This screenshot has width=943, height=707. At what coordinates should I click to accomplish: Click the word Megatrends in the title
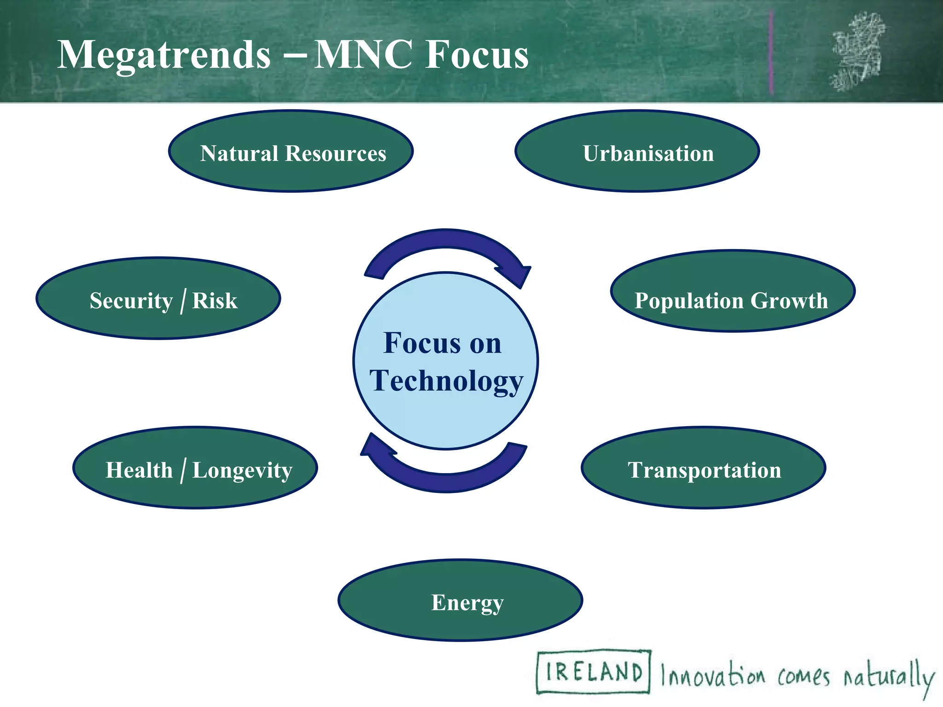click(164, 55)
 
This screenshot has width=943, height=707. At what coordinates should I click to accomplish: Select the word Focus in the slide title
click(477, 55)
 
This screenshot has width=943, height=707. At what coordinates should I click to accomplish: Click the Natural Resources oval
click(291, 151)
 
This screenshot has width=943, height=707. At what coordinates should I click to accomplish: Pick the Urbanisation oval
click(637, 151)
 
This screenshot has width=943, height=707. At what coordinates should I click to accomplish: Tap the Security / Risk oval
click(158, 298)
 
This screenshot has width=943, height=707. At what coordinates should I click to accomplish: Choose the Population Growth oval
click(732, 291)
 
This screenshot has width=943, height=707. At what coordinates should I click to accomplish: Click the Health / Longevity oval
click(195, 468)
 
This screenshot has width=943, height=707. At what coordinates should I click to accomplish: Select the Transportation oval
click(703, 468)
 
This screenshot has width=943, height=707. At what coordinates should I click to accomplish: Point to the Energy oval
click(460, 600)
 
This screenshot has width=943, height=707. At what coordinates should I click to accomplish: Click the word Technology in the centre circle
click(446, 381)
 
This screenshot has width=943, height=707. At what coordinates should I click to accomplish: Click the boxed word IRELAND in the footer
click(594, 672)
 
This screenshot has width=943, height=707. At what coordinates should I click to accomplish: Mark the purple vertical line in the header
click(771, 53)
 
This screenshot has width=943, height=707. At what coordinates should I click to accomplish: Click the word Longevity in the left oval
click(242, 470)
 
